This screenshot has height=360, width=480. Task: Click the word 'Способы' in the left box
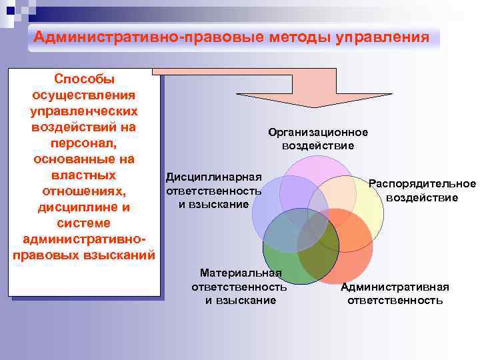[x=84, y=79]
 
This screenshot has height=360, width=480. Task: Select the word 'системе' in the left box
[x=83, y=223]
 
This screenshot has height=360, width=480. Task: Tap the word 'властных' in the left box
[x=83, y=175]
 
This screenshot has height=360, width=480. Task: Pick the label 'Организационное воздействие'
[x=318, y=139]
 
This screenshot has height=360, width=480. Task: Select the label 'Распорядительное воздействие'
[x=422, y=191]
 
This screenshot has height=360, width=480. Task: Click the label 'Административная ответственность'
[x=395, y=293]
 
